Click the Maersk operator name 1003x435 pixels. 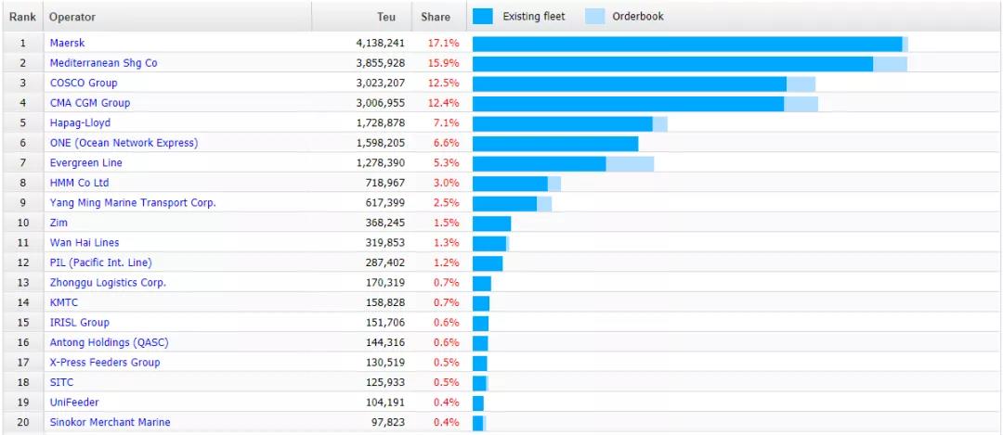click(67, 44)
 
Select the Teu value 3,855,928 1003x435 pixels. click(380, 63)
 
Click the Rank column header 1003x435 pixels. click(22, 17)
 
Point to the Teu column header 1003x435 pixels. click(386, 17)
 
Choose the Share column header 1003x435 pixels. click(435, 17)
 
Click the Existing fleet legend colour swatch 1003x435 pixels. click(483, 16)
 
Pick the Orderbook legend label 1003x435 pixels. click(638, 16)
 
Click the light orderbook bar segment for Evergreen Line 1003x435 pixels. click(630, 163)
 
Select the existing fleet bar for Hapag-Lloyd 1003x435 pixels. click(562, 123)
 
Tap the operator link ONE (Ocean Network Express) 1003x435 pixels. click(124, 143)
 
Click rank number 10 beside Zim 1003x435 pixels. click(22, 223)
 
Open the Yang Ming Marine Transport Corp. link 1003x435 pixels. click(133, 203)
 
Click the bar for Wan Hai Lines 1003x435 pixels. click(489, 243)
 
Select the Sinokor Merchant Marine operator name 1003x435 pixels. click(110, 422)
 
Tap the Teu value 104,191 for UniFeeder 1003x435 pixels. click(383, 403)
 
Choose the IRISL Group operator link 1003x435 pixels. click(79, 323)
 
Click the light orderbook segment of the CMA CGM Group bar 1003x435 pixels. click(801, 103)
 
